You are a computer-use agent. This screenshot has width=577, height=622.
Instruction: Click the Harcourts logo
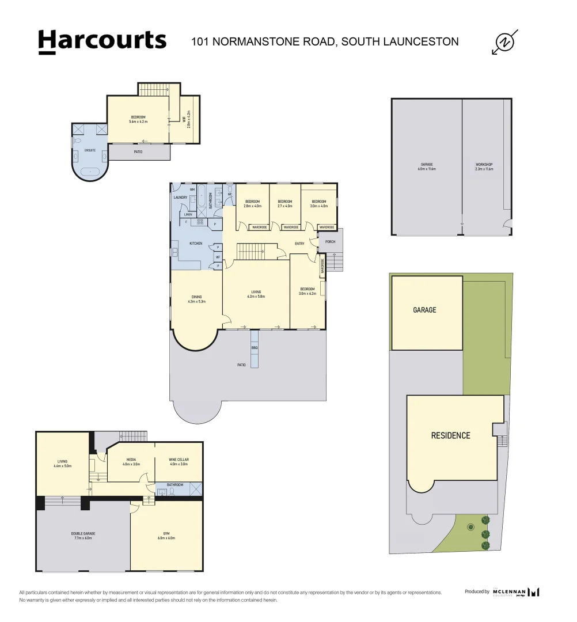[x=102, y=41]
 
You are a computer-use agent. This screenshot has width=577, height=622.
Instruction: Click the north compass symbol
[x=506, y=42]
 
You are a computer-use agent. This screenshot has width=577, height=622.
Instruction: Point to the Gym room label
[x=166, y=536]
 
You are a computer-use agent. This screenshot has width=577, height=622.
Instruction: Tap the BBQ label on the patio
[x=255, y=348]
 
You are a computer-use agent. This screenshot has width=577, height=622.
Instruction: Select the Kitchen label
[x=196, y=244]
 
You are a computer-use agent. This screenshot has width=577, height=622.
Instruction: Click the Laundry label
[x=181, y=198]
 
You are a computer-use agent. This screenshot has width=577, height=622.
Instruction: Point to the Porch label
[x=331, y=242]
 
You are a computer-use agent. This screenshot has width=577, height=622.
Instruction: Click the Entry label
[x=299, y=244]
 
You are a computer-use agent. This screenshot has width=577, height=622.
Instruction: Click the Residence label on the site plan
[x=450, y=435]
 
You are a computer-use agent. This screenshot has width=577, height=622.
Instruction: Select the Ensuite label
[x=90, y=150]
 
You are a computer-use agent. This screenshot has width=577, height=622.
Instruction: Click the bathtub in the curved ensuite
[x=90, y=172]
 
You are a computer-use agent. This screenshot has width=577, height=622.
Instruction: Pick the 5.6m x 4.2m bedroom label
[x=138, y=119]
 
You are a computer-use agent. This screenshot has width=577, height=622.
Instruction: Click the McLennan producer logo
[x=516, y=592]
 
